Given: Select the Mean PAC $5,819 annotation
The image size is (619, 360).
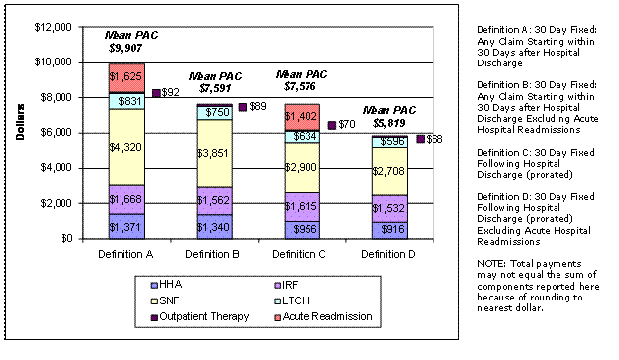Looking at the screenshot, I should [387, 117].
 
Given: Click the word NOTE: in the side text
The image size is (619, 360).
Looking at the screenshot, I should [490, 263].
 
